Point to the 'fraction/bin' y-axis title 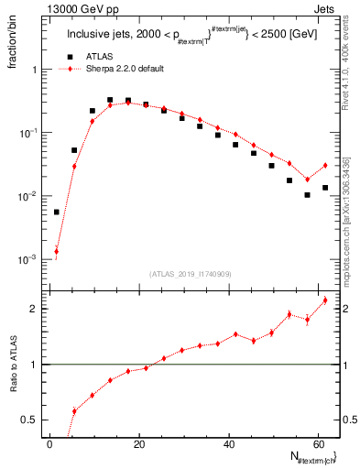(13, 47)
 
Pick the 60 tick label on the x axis (317, 443)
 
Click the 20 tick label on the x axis (138, 443)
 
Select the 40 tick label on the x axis (227, 443)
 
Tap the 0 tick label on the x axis (49, 443)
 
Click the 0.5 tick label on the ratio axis (29, 420)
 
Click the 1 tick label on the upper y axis (34, 70)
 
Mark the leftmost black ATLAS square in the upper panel (57, 212)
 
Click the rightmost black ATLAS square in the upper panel (325, 188)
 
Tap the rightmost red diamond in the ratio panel (325, 300)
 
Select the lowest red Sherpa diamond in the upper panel (57, 251)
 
